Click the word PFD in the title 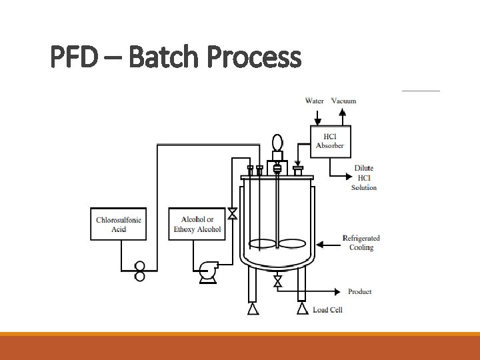(x=73, y=57)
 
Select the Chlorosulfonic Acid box (x=119, y=225)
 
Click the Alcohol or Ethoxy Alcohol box (x=197, y=225)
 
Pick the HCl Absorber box (x=330, y=141)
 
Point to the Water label (x=315, y=101)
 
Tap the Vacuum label (x=344, y=101)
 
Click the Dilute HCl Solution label (x=364, y=178)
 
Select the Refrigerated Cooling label (x=361, y=243)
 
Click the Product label (x=360, y=292)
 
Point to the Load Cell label (x=327, y=310)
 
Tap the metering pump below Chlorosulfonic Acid (x=140, y=271)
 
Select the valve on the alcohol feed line (x=232, y=214)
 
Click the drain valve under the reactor (x=278, y=282)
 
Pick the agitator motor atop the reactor (x=277, y=143)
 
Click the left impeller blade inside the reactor (x=261, y=244)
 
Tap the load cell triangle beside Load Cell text (x=302, y=309)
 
